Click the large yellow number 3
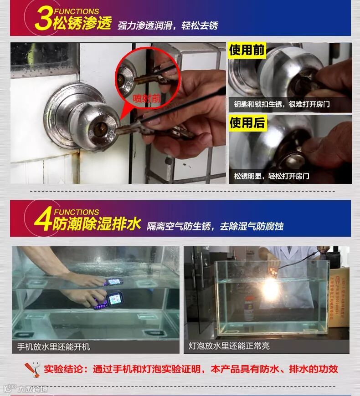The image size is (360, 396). tap(44, 19)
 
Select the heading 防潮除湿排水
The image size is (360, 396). tap(97, 223)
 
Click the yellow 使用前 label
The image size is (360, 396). tap(247, 50)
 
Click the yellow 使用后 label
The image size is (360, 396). tap(247, 123)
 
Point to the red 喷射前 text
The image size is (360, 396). tap(147, 98)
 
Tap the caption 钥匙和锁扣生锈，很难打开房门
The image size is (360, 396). tap(282, 104)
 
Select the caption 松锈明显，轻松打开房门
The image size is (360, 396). tap(272, 176)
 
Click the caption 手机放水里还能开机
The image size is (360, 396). tap(54, 346)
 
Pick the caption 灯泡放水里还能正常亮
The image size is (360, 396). tap(229, 346)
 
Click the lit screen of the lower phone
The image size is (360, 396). tap(114, 299)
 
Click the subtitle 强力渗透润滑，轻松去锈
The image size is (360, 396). tap(168, 25)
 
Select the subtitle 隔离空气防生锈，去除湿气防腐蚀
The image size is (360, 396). tap(215, 226)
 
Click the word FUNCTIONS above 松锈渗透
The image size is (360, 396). tap(77, 11)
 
